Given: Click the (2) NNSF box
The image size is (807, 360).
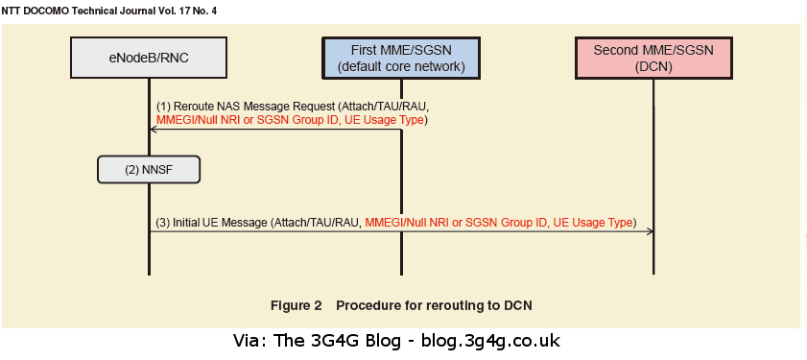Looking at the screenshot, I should (x=149, y=170).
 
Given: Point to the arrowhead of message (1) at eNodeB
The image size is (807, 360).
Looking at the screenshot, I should (x=153, y=128).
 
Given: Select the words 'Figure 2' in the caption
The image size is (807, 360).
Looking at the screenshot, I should (x=296, y=305).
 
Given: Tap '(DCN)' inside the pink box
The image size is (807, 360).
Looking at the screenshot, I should (x=653, y=67).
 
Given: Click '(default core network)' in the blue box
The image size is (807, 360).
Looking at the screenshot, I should (x=401, y=67).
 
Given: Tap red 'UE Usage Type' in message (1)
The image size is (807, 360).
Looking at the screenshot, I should (x=386, y=120).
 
